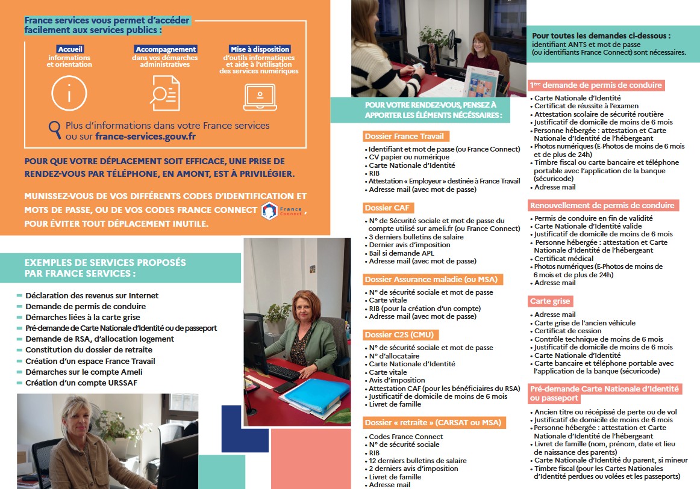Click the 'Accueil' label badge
[70, 49]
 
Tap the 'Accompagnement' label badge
[166, 49]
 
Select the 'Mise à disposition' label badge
[260, 49]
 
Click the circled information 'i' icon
[70, 94]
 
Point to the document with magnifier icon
[164, 94]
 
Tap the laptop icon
[260, 96]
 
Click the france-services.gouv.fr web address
[145, 137]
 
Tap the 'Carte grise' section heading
[550, 301]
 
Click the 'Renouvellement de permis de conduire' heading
[603, 205]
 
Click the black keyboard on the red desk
[283, 371]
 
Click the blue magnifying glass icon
[55, 128]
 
